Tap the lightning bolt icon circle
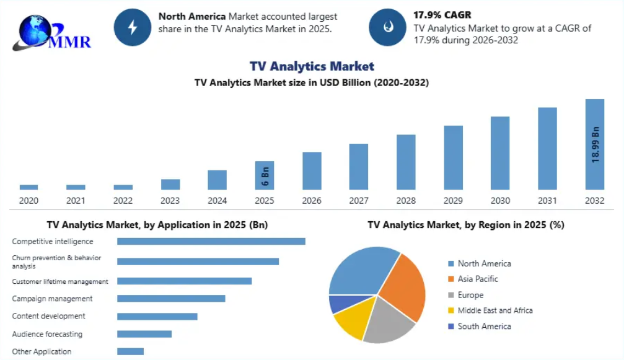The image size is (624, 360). click(x=133, y=27)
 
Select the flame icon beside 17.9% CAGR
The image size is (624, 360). click(x=388, y=27)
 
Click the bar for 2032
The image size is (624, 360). click(x=594, y=144)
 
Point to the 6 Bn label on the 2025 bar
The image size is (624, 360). click(x=265, y=176)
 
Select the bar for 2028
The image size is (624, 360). click(x=406, y=162)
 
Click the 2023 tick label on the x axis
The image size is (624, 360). click(x=170, y=201)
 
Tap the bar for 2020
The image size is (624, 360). click(x=29, y=187)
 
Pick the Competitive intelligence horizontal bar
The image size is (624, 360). click(x=211, y=242)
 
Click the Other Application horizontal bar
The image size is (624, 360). click(x=131, y=352)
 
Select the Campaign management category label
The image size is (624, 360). click(x=52, y=299)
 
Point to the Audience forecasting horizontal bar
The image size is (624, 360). click(x=144, y=334)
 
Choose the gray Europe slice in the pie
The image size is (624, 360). click(x=388, y=322)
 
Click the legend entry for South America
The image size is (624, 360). click(x=480, y=327)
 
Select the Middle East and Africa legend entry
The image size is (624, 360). click(x=490, y=310)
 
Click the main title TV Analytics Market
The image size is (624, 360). click(x=312, y=66)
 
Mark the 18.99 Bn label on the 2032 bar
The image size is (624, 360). click(x=595, y=145)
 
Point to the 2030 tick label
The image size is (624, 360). click(x=500, y=201)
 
